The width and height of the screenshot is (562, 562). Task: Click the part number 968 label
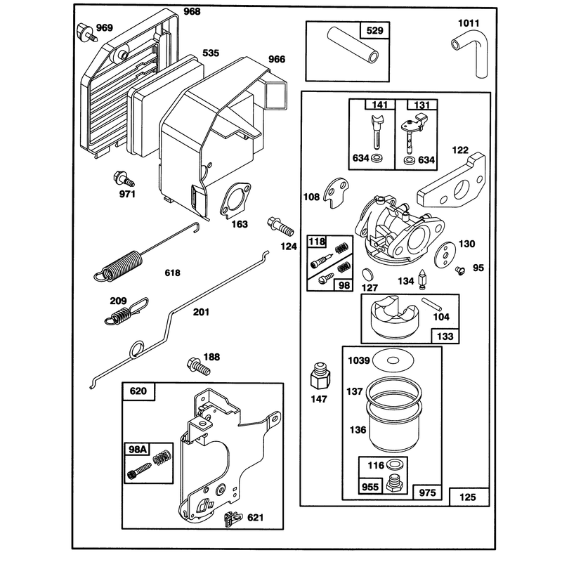(x=192, y=11)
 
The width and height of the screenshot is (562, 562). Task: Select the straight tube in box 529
(x=353, y=45)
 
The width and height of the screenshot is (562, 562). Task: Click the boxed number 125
(x=468, y=497)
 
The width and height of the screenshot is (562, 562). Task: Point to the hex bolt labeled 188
(x=198, y=366)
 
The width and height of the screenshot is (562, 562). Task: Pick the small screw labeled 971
(x=124, y=179)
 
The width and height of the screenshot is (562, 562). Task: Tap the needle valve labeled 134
(x=422, y=279)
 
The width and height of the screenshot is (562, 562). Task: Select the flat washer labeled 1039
(x=393, y=360)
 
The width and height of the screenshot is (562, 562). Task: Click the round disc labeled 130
(x=445, y=254)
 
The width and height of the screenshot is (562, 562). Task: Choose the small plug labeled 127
(x=367, y=274)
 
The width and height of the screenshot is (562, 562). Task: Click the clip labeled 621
(x=233, y=518)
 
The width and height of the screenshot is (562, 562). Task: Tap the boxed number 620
(x=138, y=391)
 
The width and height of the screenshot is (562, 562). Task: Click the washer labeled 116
(x=396, y=465)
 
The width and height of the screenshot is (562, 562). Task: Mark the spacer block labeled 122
(x=452, y=180)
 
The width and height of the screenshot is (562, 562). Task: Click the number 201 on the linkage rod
(x=201, y=312)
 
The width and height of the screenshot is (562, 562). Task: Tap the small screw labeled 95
(x=460, y=270)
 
